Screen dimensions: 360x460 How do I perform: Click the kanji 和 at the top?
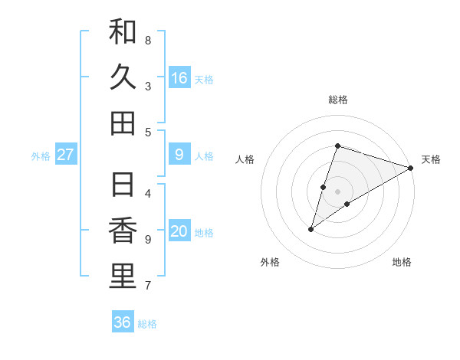point(123,32)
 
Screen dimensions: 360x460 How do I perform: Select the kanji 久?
point(123,77)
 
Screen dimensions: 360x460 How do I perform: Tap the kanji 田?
point(123,123)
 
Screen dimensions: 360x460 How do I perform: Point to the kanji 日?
point(123,185)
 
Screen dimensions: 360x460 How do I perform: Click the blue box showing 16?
point(179,77)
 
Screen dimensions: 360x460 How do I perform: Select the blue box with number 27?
point(66,155)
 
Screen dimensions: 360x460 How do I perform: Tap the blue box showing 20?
point(179,231)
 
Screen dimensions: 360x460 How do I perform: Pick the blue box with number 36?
point(123,322)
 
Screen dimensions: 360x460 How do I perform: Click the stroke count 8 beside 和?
point(148,40)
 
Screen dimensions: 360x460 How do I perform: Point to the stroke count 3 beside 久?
point(148,87)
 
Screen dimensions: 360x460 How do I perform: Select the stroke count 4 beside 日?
point(148,193)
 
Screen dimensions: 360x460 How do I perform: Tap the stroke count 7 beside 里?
point(148,286)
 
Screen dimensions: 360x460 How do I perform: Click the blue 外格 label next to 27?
point(41,156)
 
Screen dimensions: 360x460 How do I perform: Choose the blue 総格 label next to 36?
point(147,324)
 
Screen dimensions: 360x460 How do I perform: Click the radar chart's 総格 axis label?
point(337,100)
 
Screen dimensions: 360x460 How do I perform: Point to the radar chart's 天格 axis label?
point(431,159)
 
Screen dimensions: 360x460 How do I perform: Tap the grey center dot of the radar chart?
point(337,191)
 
